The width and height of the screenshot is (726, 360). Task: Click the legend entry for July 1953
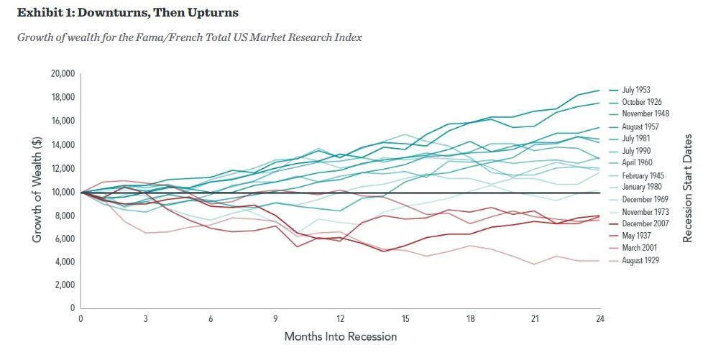(635, 90)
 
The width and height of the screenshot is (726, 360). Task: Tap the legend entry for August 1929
(640, 260)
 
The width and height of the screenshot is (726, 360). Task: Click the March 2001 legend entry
(638, 248)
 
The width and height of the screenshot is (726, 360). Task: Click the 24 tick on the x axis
(599, 318)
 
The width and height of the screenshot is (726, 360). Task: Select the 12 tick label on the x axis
(340, 318)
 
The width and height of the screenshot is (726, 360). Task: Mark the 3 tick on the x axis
(145, 318)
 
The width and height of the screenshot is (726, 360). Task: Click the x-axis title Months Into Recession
(340, 336)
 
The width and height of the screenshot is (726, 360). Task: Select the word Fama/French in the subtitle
(152, 37)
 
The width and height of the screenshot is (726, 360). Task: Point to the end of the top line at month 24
(599, 91)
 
